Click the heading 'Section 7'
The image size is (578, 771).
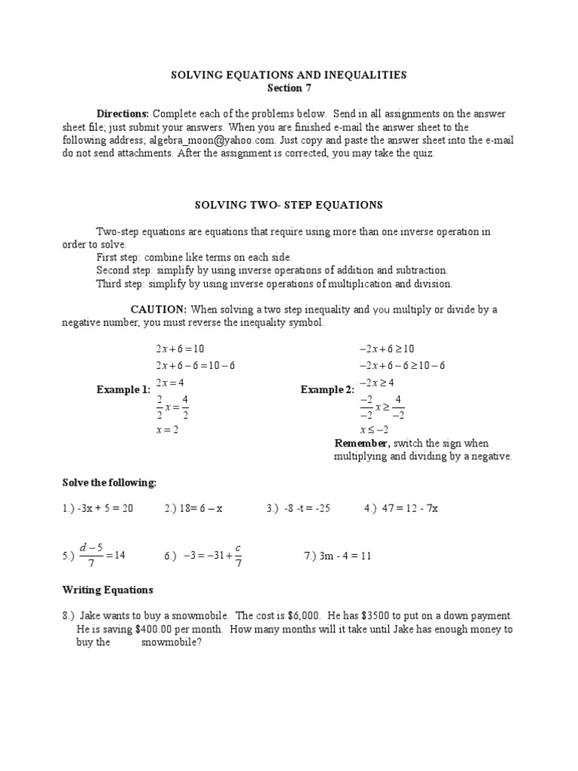coord(289,88)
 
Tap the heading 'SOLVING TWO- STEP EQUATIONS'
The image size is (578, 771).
coord(289,205)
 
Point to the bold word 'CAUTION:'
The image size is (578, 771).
coord(159,309)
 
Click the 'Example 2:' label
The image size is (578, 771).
coord(327,389)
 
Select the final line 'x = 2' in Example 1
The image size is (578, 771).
coord(167,430)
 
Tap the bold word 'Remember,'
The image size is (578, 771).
coord(362,443)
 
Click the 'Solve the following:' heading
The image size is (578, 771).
coord(109,482)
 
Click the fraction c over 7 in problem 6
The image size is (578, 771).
coord(238,556)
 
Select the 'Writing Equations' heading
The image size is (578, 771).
coord(108,590)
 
